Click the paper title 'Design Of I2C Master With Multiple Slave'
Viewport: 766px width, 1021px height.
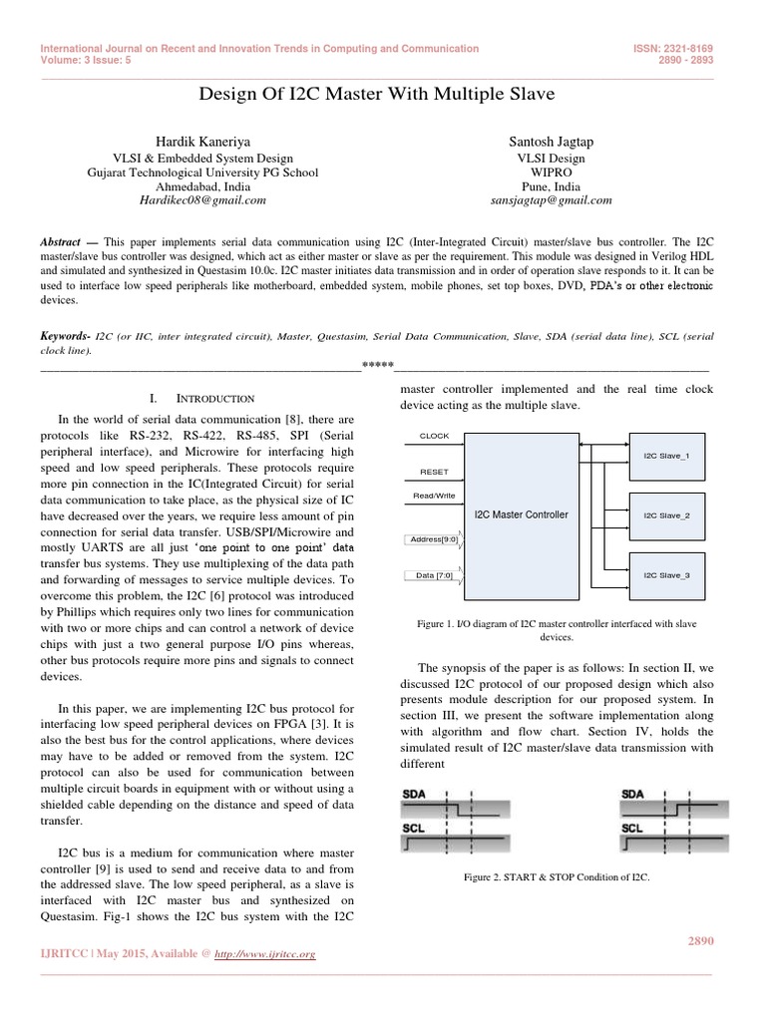coord(383,95)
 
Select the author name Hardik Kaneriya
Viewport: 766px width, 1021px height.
coord(190,143)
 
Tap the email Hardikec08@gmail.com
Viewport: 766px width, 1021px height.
coord(190,199)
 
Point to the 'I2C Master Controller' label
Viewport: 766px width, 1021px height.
coord(522,514)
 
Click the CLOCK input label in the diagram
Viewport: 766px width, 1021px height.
coord(434,436)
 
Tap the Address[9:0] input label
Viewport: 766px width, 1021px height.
coord(434,539)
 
